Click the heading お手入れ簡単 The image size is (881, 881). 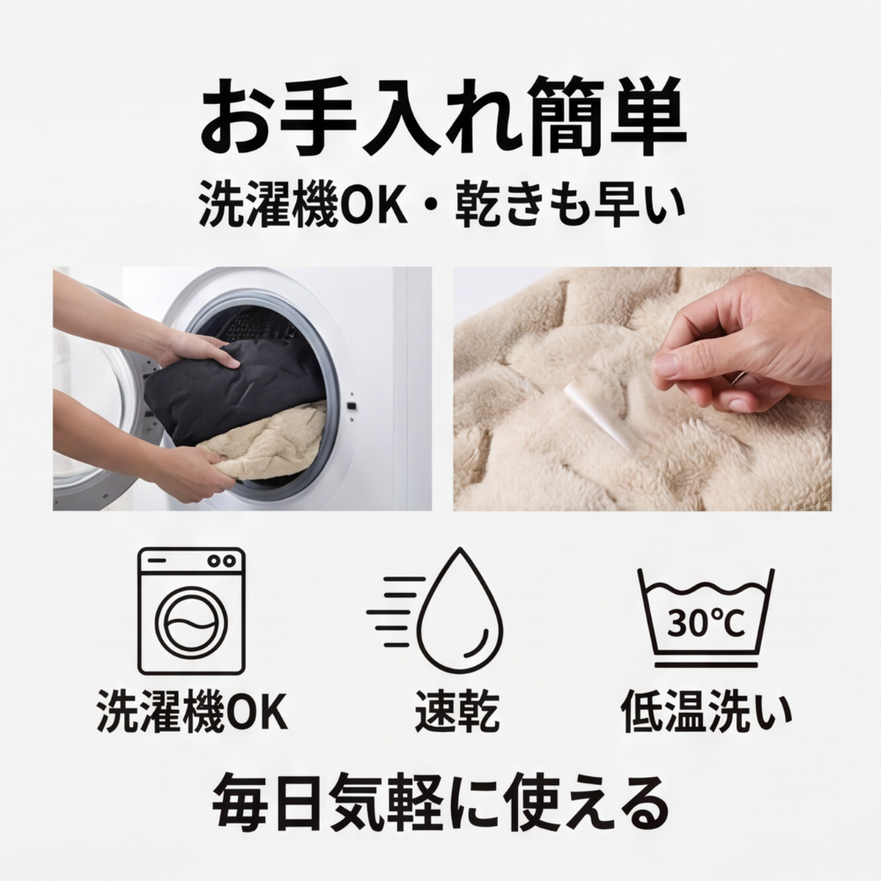click(440, 117)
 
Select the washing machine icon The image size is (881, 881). click(191, 611)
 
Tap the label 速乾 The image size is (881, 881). click(456, 712)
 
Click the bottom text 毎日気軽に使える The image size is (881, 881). click(440, 800)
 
